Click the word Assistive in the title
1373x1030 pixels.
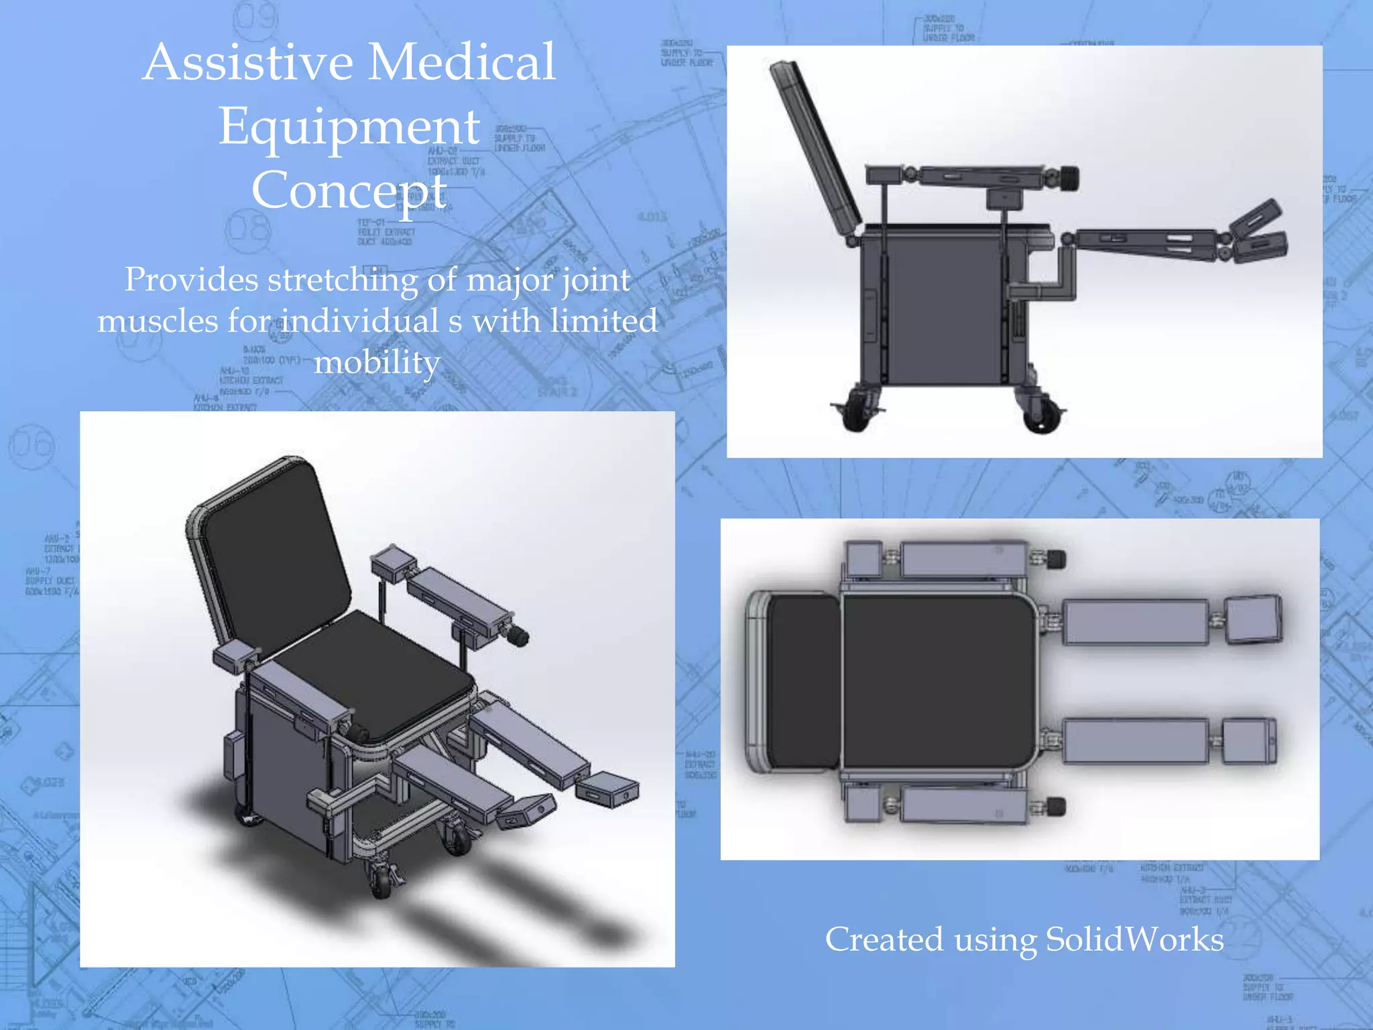pyautogui.click(x=248, y=62)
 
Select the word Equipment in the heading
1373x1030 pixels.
pyautogui.click(x=349, y=126)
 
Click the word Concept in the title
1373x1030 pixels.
pyautogui.click(x=349, y=190)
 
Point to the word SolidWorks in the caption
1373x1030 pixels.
pyautogui.click(x=1134, y=939)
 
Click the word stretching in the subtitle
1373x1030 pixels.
pyautogui.click(x=343, y=280)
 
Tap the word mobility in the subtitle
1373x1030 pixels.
pyautogui.click(x=377, y=362)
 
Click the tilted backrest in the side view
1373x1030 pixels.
pyautogui.click(x=814, y=148)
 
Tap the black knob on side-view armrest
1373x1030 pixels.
pyautogui.click(x=1069, y=179)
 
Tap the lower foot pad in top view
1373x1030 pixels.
pyautogui.click(x=1248, y=741)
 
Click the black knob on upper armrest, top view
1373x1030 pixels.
pyautogui.click(x=1057, y=558)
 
